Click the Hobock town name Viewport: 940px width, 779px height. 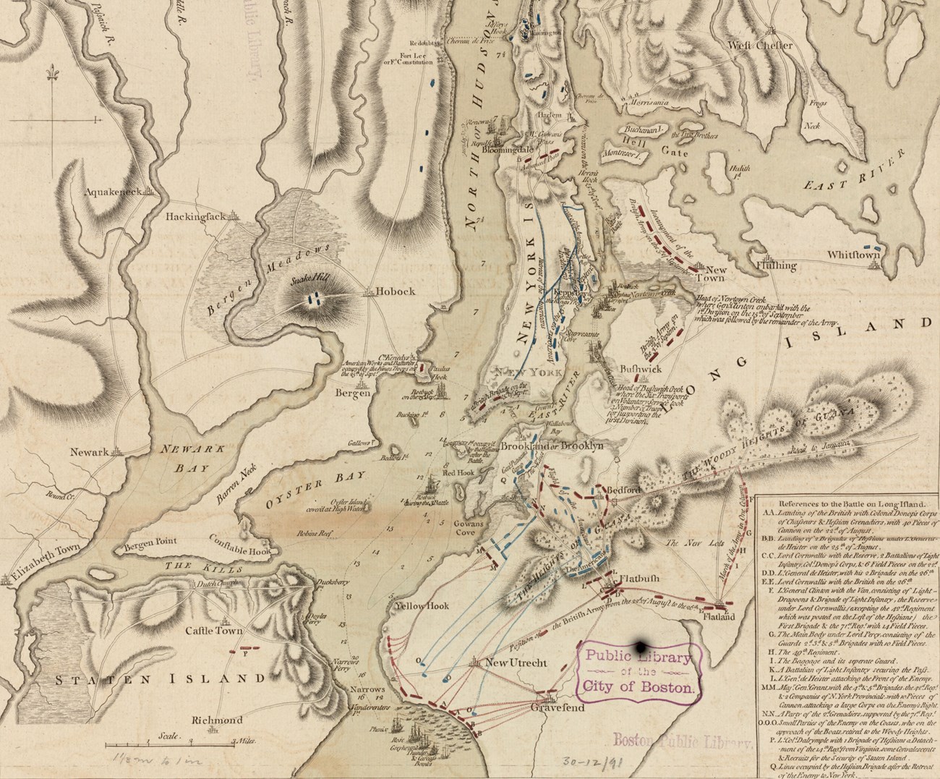coord(396,291)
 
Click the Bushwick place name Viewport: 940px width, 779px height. coord(641,368)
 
